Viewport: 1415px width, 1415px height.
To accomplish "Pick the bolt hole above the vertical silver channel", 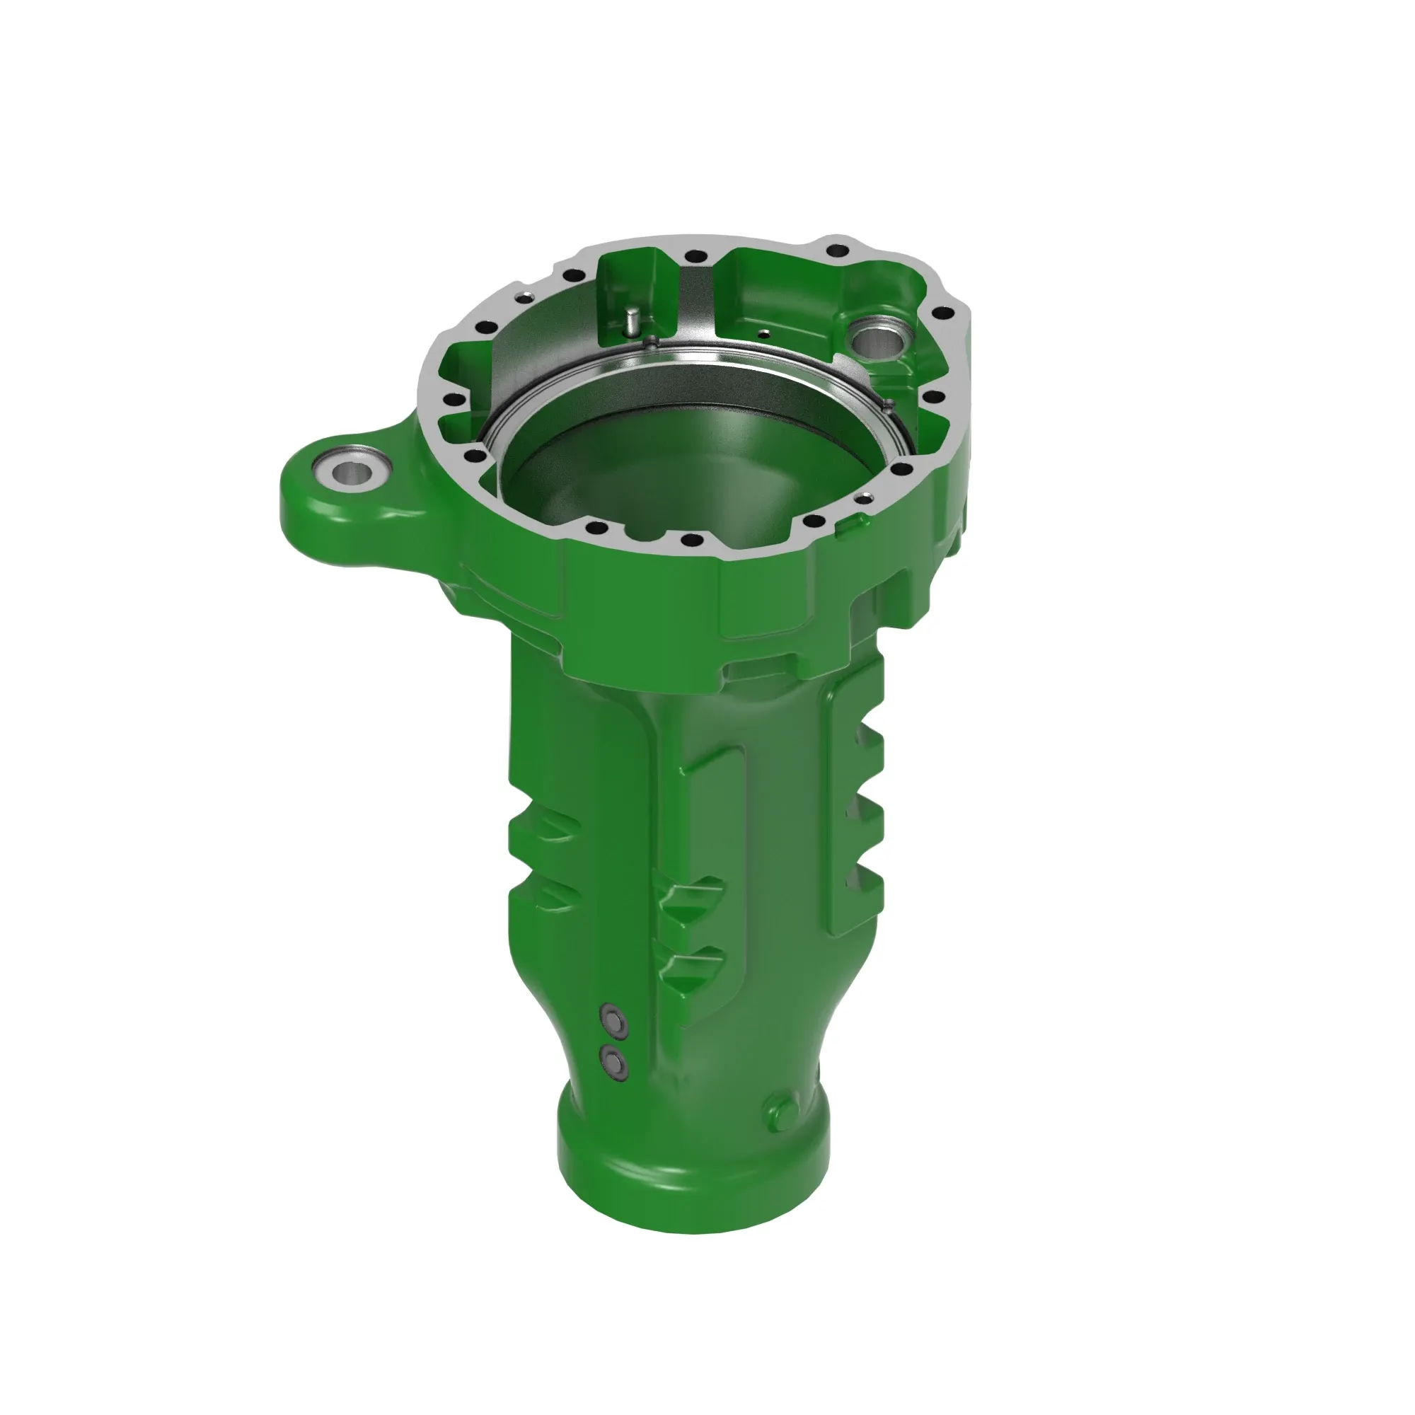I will click(x=691, y=256).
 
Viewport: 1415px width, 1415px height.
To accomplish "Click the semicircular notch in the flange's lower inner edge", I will click(x=645, y=534).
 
